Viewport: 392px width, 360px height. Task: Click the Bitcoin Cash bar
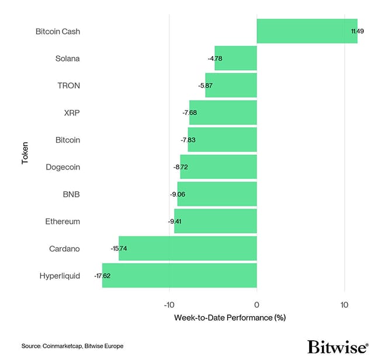pos(307,31)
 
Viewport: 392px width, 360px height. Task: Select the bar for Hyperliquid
pos(179,275)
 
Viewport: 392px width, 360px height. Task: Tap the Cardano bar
pos(188,248)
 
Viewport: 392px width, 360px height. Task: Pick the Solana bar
pos(236,58)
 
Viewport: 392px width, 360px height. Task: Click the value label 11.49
pos(358,31)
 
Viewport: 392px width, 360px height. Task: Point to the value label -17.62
pos(102,275)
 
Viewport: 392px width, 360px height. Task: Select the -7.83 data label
pos(189,140)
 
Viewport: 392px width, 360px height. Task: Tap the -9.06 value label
pos(177,194)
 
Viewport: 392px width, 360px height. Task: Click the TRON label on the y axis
pos(69,85)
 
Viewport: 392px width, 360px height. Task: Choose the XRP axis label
pos(72,113)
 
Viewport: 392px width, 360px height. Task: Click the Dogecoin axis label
pos(63,167)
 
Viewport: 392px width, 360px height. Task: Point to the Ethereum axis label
pos(63,221)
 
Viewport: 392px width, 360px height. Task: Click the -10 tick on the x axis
pos(169,305)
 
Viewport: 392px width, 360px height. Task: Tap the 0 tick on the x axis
pos(256,305)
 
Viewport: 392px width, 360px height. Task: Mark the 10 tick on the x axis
pos(344,305)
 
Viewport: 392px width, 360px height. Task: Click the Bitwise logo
pos(338,346)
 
